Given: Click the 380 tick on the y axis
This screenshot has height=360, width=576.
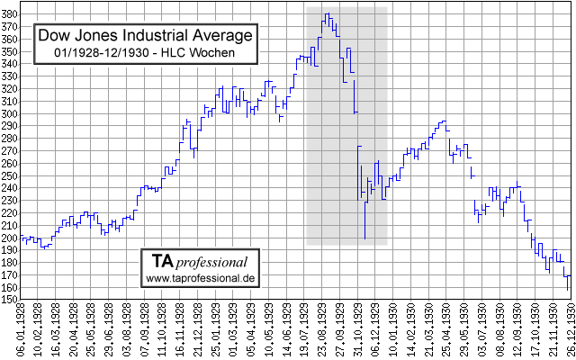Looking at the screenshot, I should [x=9, y=13].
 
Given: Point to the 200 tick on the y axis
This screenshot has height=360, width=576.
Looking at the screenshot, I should [x=9, y=238].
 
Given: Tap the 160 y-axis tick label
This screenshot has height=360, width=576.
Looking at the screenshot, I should [x=9, y=288].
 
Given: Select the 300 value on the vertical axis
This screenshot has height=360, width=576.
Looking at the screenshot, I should [x=9, y=113].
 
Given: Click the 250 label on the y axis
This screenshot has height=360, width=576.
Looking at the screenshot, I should [x=9, y=175].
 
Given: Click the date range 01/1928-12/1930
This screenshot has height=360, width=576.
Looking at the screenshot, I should [x=109, y=54].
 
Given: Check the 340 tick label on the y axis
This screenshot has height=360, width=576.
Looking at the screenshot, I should [x=9, y=64].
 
